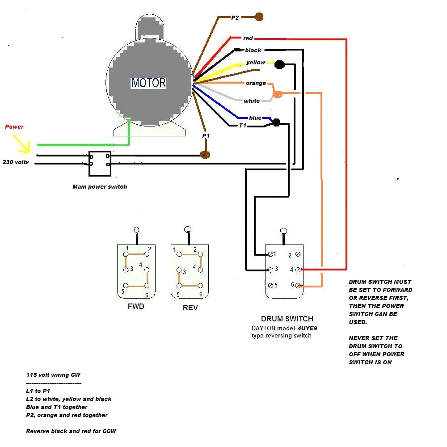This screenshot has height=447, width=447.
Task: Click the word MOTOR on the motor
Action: [x=148, y=83]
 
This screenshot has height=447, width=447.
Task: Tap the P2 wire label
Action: [x=235, y=18]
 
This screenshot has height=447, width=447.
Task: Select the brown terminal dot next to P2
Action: [x=259, y=17]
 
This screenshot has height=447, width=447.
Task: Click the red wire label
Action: [x=248, y=38]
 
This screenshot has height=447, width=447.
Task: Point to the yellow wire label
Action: [x=255, y=63]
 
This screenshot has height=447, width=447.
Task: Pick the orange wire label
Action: [x=256, y=83]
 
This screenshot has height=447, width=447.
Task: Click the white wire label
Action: [x=252, y=101]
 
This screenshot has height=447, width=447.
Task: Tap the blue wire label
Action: [x=255, y=118]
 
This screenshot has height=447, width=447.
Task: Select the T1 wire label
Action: [x=243, y=126]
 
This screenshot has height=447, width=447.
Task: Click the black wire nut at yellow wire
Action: [x=280, y=65]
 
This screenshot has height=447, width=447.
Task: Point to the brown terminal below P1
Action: [x=205, y=155]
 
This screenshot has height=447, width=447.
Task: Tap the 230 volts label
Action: [x=16, y=162]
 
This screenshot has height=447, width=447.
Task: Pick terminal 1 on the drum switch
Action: [x=270, y=254]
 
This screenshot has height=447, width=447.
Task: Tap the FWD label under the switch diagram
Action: [x=135, y=307]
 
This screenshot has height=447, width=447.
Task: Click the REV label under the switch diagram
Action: [x=190, y=308]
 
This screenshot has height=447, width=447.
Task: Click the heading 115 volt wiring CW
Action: [x=53, y=375]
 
